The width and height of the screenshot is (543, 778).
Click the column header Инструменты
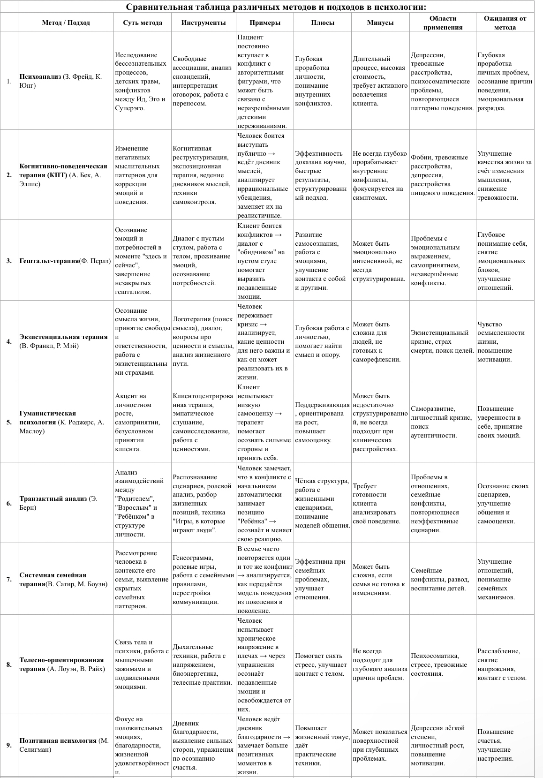[203, 23]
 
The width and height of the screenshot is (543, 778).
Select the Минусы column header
[380, 23]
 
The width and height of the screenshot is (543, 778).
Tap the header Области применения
[443, 23]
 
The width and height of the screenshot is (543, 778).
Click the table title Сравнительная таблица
[276, 7]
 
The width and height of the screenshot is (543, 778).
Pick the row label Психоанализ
[40, 76]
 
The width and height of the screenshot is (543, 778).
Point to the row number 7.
[9, 579]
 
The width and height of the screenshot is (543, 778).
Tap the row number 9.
[9, 745]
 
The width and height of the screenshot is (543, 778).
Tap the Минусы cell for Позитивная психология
[380, 745]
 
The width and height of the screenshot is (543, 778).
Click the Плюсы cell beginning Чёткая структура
[322, 503]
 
